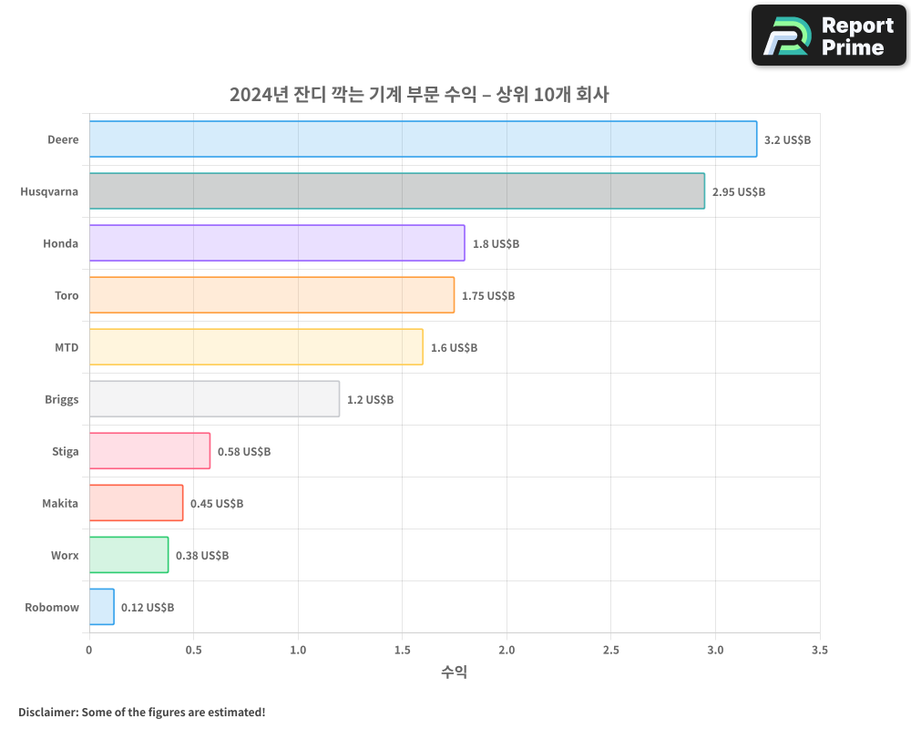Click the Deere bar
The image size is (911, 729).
click(x=423, y=139)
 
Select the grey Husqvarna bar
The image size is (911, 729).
click(x=396, y=191)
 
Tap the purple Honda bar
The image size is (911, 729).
click(x=277, y=243)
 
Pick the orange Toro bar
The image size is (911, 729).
click(x=271, y=295)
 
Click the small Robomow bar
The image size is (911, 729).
click(x=101, y=607)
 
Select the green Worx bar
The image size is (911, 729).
click(x=128, y=555)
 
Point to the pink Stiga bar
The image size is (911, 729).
click(x=149, y=451)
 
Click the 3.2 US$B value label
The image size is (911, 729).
click(x=787, y=140)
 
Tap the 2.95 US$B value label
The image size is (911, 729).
click(x=739, y=192)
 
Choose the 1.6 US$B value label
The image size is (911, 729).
click(x=454, y=348)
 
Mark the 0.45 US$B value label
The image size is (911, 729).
click(x=217, y=504)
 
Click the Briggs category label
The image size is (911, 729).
click(x=62, y=399)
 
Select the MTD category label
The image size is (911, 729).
click(x=67, y=347)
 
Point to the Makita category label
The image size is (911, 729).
click(x=60, y=503)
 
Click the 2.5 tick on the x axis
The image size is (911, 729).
click(x=611, y=651)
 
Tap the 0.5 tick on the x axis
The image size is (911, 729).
click(x=193, y=651)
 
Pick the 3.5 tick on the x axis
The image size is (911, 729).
click(x=820, y=651)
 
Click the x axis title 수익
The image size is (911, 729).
click(x=454, y=673)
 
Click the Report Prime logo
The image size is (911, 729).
click(x=829, y=36)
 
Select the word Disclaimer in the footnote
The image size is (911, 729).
click(x=47, y=712)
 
